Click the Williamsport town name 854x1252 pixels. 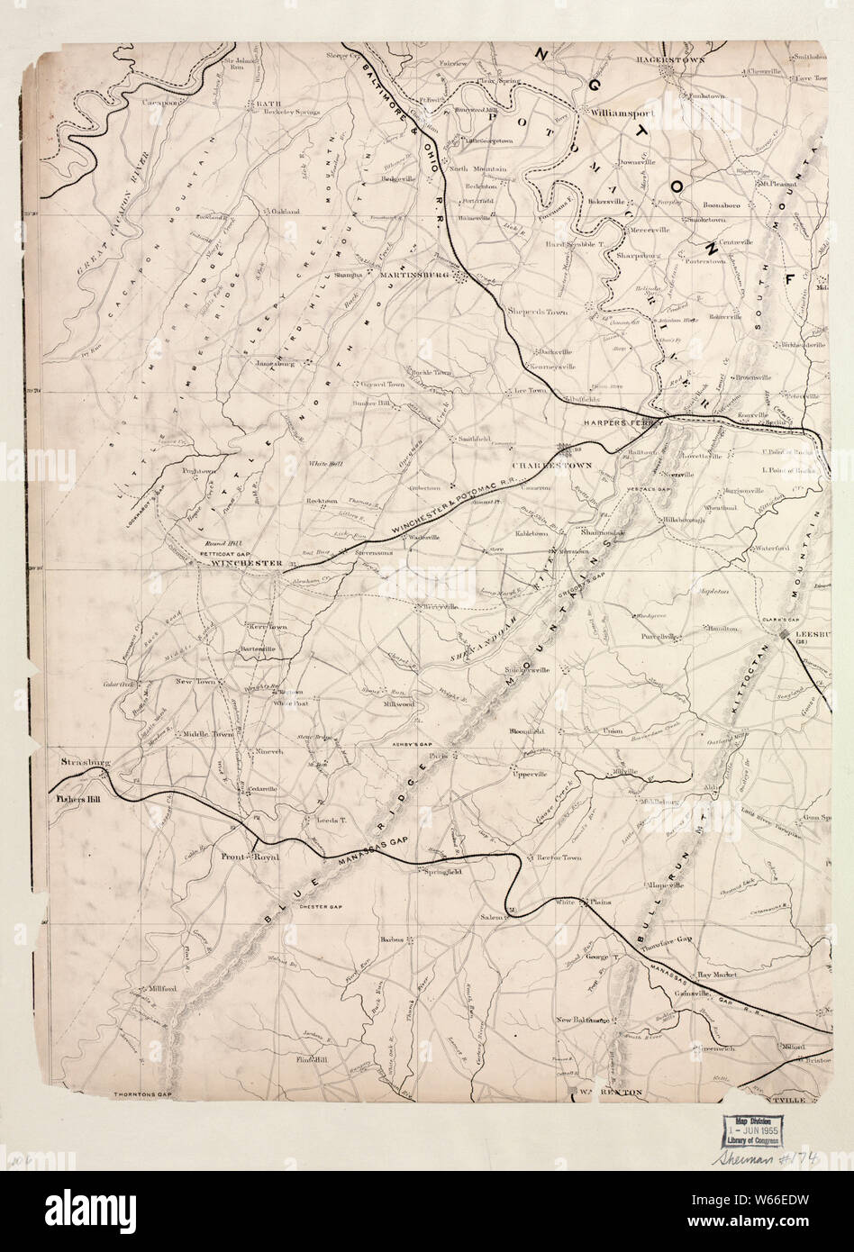pos(622,114)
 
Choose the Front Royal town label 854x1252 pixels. pos(250,857)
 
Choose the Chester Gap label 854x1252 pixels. pos(323,906)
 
